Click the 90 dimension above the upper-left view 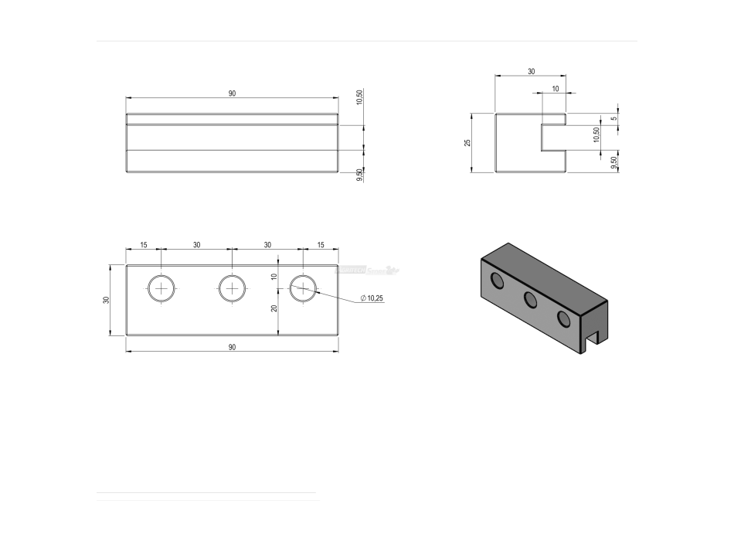coord(232,94)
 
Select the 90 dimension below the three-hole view coord(232,347)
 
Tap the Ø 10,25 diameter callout coord(372,298)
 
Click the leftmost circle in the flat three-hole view coord(161,288)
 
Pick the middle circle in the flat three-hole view coord(232,288)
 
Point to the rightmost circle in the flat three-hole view coord(303,288)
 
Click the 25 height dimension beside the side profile coord(467,143)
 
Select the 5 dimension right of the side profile coord(613,118)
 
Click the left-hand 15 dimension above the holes coord(144,245)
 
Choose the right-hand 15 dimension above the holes coord(321,245)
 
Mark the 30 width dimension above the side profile coord(531,71)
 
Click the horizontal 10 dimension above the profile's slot coord(555,89)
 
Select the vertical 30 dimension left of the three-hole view coord(107,300)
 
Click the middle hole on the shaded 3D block coord(531,300)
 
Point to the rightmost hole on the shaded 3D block coord(565,318)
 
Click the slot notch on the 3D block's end coord(593,339)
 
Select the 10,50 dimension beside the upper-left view coord(359,97)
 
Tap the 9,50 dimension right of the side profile coord(613,163)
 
